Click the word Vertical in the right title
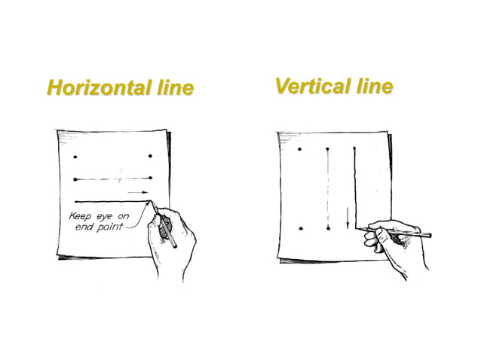coord(313,86)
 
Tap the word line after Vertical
coord(375,86)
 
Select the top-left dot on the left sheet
coord(75,157)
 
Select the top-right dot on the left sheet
coord(150,156)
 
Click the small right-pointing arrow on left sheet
coord(138,192)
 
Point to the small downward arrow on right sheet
coord(348,218)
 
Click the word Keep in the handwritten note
coord(80,216)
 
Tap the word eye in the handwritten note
coord(104,217)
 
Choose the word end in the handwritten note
coord(84,227)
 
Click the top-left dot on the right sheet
coord(300,149)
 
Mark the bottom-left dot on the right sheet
coord(301,228)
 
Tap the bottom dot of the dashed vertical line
coord(328,228)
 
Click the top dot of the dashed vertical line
coord(328,149)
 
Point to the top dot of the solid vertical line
coord(354,148)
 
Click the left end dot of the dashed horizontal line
coord(75,179)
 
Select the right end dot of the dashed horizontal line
coord(150,178)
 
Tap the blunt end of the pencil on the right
coord(430,235)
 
